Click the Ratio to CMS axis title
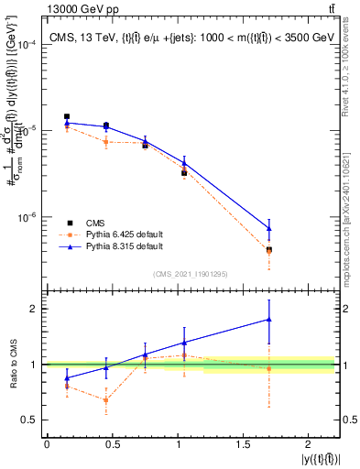pos(12,365)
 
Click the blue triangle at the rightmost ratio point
pos(268,320)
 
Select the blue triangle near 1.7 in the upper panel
pos(268,228)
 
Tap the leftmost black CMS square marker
pos(67,117)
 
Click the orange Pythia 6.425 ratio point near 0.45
pos(106,400)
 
